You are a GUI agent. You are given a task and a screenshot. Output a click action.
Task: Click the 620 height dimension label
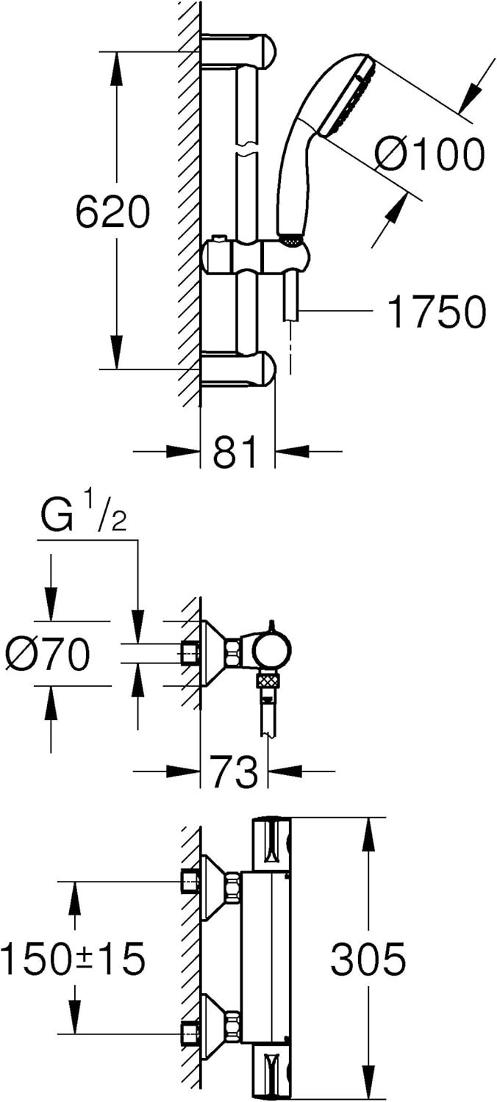coord(112,211)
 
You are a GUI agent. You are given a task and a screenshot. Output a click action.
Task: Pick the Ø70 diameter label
coord(48,655)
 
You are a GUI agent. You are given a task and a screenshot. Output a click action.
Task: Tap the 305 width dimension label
coord(368,959)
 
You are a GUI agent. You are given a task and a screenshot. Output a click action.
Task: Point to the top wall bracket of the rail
coord(238,51)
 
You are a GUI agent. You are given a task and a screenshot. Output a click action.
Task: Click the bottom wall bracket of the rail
coord(238,370)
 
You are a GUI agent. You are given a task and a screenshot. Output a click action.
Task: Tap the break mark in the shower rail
coord(247,148)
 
